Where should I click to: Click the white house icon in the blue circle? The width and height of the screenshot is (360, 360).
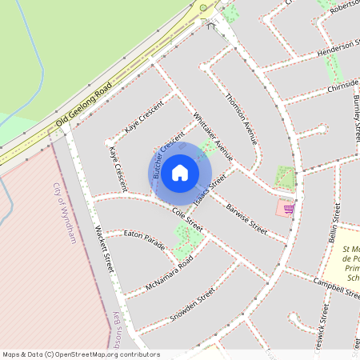(180, 172)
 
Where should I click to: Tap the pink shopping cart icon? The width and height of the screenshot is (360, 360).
(287, 209)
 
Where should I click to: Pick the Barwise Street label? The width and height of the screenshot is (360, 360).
(246, 216)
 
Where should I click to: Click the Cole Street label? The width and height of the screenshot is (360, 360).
(188, 221)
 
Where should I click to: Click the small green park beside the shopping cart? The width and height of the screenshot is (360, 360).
(284, 177)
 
